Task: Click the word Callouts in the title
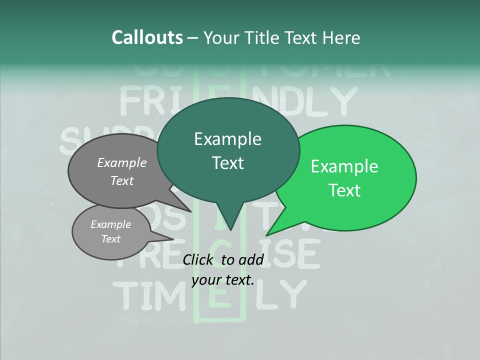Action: coord(147,37)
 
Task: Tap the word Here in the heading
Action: coord(341,37)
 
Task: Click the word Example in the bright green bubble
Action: coord(344,166)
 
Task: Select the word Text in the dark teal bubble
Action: coord(228,163)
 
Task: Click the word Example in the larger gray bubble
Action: coord(122,162)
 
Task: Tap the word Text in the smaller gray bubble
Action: coord(110,239)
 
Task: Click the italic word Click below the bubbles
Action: coord(198,259)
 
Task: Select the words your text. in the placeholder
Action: coord(223,280)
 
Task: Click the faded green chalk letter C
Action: coord(220,248)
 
